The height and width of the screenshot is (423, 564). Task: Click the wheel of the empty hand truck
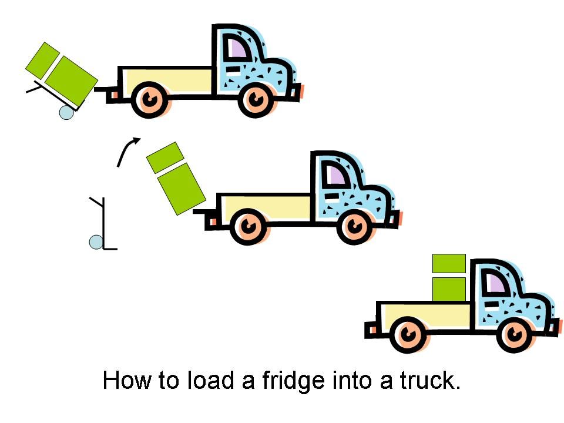(x=96, y=241)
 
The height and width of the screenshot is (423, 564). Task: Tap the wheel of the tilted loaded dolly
(x=67, y=112)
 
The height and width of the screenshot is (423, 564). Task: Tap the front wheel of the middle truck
(x=355, y=226)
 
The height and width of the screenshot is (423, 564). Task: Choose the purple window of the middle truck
(x=336, y=174)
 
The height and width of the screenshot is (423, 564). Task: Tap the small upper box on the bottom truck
(x=449, y=264)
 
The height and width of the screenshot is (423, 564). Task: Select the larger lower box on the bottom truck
(x=449, y=289)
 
